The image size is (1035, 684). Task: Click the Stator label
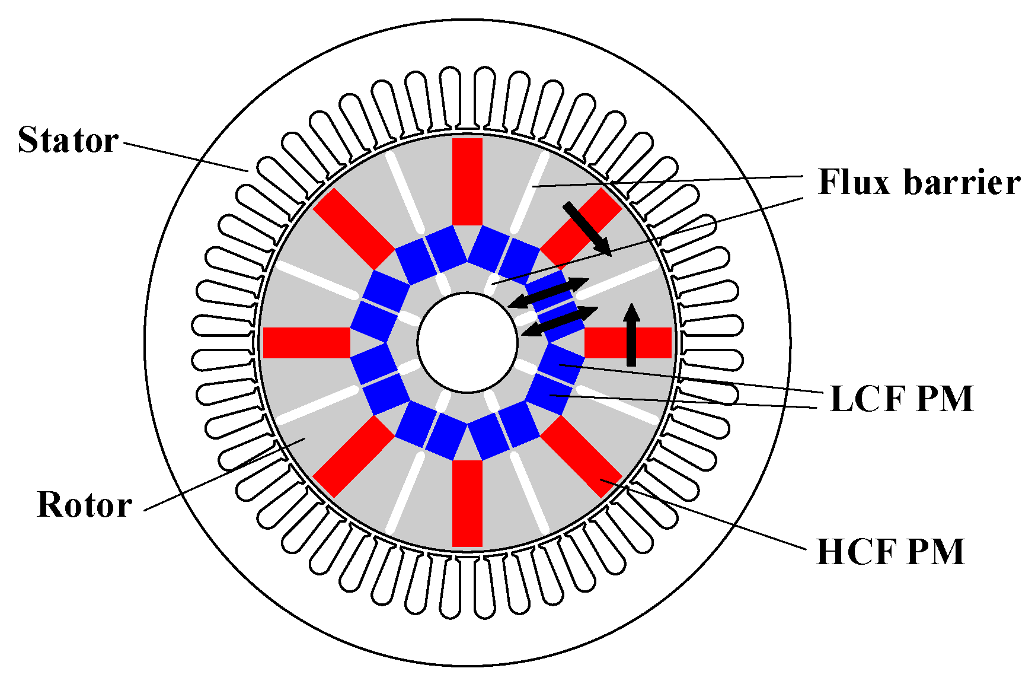pos(68,140)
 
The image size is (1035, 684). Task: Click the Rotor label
pos(84,505)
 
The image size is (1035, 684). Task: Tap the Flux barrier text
pos(919,182)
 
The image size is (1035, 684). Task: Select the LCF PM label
pos(902,398)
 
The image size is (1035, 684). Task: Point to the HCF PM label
pos(890,552)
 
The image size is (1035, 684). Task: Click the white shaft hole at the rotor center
pos(467,342)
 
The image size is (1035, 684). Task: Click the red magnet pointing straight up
pos(467,181)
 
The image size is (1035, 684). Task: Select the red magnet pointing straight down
pos(467,503)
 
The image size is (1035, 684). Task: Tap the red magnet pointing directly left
pos(306,342)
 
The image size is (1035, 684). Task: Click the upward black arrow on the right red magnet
pos(632,335)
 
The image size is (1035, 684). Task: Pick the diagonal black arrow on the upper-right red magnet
pos(587,228)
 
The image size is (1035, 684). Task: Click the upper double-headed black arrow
pos(548,292)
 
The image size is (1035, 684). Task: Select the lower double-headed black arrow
pos(560,321)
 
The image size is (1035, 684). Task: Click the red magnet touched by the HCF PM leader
pos(581,456)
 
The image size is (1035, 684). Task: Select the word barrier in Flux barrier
pos(961,182)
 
